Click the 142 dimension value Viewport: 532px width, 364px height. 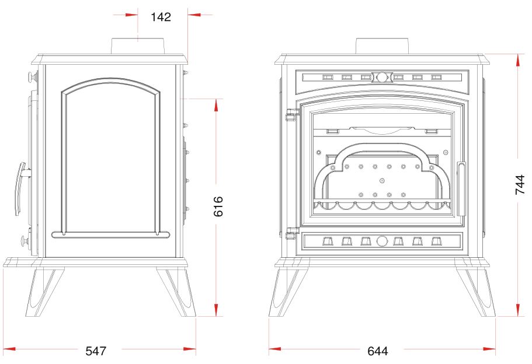(161, 17)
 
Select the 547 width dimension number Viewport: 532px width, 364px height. (96, 351)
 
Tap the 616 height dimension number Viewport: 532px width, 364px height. (218, 206)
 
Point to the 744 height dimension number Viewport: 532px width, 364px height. (520, 185)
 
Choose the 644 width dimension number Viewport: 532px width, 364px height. (378, 351)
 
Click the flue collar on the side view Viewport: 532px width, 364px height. (138, 46)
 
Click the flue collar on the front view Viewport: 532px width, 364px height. (382, 46)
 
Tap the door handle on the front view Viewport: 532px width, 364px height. (461, 189)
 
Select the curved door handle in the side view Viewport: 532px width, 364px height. (20, 188)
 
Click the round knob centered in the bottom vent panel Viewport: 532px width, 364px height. (382, 241)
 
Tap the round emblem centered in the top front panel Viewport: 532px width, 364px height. (382, 77)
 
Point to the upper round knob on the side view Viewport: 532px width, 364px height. (33, 76)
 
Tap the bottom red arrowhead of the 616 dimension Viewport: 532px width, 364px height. (216, 310)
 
